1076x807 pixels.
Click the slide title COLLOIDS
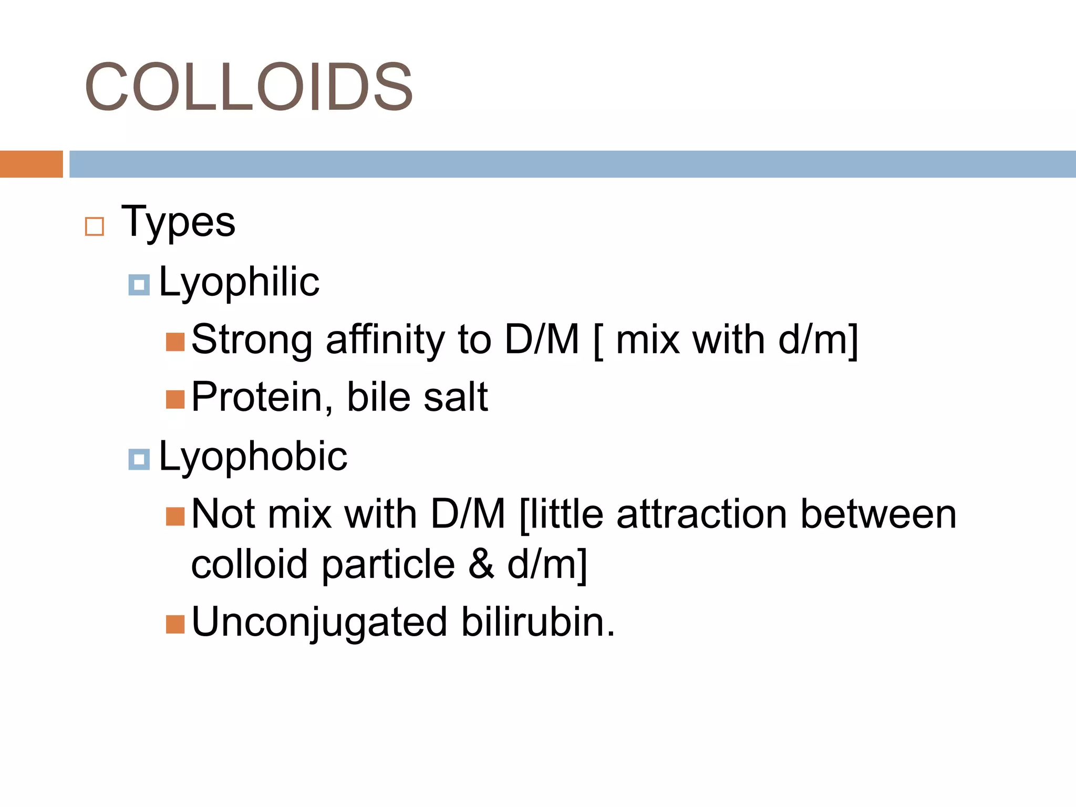tap(249, 87)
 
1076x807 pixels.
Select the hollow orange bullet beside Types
tap(95, 226)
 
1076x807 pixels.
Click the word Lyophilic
tap(239, 283)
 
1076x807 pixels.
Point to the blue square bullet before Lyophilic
tap(139, 285)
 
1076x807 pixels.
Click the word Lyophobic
tap(253, 457)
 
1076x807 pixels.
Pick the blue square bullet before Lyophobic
tap(139, 460)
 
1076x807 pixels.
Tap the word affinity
tap(386, 340)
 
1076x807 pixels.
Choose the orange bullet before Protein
tap(175, 399)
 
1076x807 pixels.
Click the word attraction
tap(702, 514)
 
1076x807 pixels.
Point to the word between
tap(878, 514)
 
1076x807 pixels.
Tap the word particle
tap(388, 565)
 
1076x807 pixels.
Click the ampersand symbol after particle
tap(481, 564)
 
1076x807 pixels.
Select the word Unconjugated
tap(319, 623)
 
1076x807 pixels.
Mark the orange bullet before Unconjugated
tap(175, 625)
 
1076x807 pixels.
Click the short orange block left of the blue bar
tap(31, 164)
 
